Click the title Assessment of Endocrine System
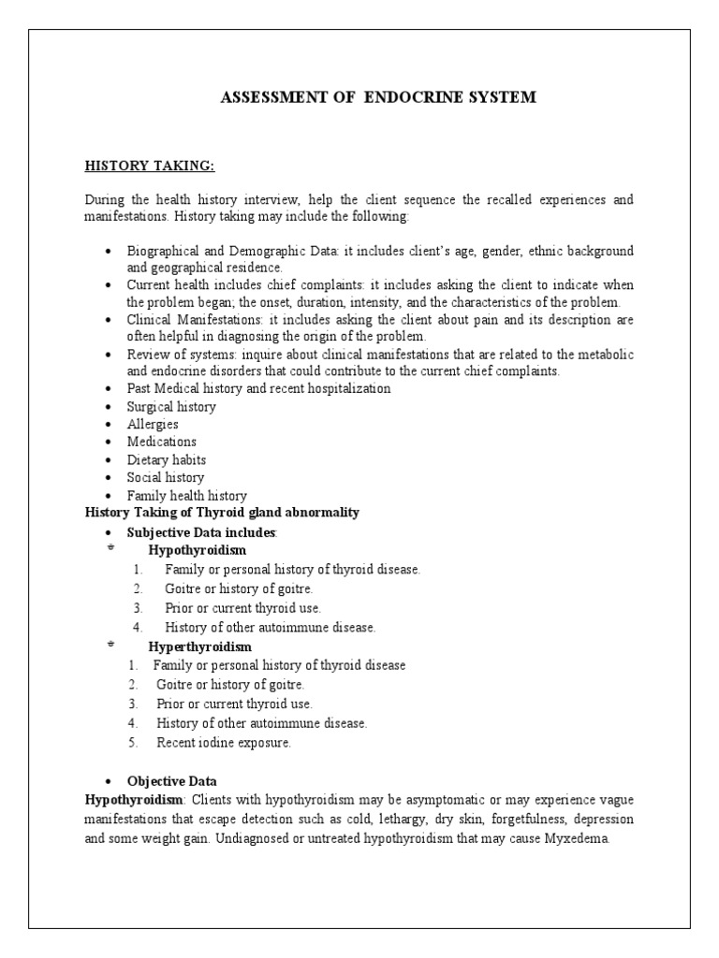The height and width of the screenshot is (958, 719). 378,97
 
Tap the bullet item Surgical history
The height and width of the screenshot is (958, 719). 171,407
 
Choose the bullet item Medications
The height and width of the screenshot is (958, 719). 162,442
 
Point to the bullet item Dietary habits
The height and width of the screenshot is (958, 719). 167,459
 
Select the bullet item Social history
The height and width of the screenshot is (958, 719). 166,477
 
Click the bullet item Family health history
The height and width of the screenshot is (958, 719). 187,495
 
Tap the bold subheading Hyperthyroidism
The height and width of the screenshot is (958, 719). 200,646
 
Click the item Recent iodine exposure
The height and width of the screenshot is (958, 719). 224,743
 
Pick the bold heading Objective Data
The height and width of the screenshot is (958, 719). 171,781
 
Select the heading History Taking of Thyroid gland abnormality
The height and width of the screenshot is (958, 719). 222,513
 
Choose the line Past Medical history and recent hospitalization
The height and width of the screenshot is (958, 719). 259,388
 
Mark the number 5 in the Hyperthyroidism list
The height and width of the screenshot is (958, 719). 134,743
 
